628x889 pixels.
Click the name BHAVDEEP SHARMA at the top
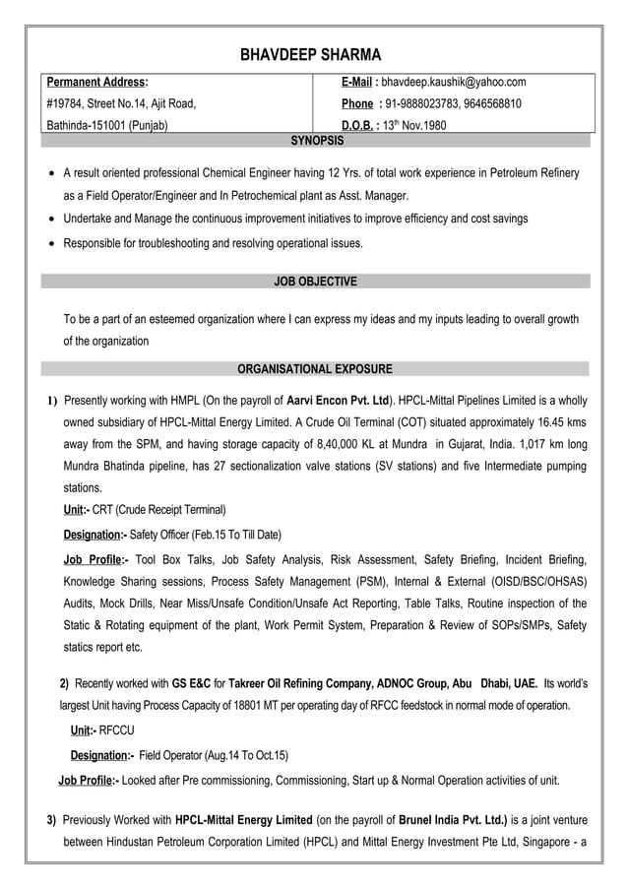point(311,54)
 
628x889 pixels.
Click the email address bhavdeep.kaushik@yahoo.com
point(454,82)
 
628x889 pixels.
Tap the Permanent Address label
point(97,82)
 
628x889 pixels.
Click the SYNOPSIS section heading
point(317,141)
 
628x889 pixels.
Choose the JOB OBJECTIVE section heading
point(315,282)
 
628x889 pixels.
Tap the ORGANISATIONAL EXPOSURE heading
point(315,369)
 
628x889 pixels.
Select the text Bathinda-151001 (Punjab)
point(107,126)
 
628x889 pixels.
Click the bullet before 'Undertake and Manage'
point(52,220)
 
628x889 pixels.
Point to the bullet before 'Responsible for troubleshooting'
point(52,243)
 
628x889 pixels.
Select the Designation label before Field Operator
point(101,756)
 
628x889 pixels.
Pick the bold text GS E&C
point(192,682)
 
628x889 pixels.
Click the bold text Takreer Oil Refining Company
point(298,682)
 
